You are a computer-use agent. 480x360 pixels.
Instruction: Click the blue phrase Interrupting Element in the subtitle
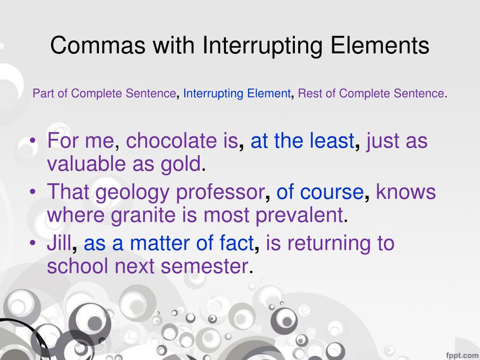(237, 94)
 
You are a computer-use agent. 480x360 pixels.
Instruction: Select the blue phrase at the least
(302, 141)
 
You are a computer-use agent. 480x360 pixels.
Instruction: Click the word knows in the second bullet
(406, 192)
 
